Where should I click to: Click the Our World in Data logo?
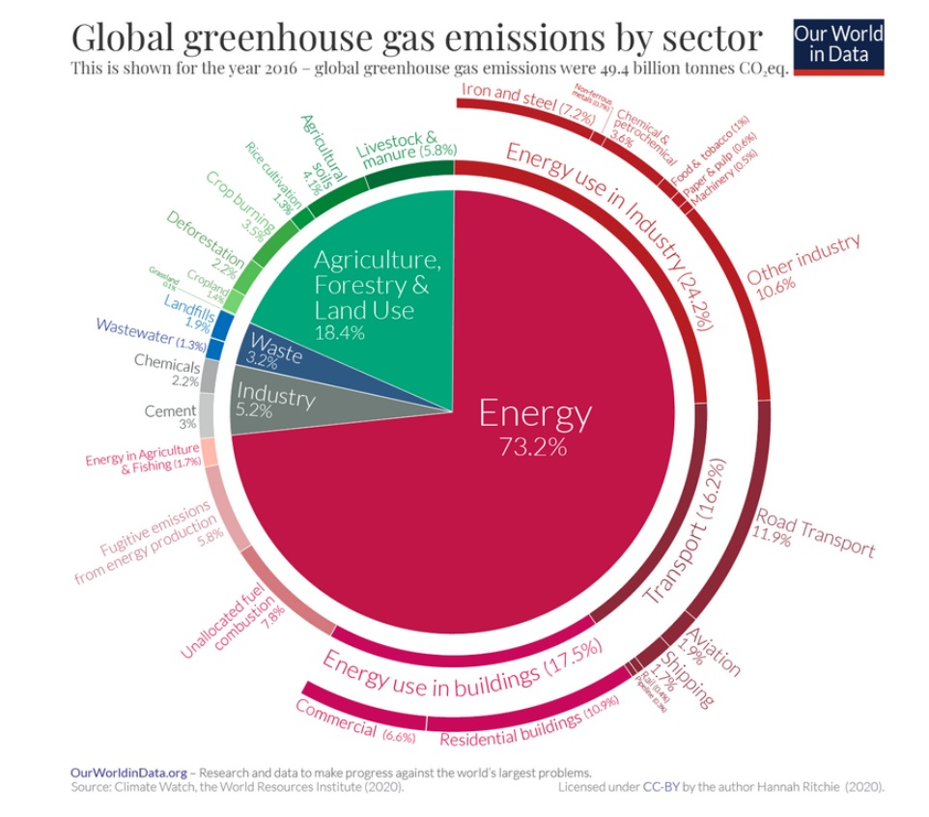click(837, 44)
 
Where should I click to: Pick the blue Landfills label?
click(192, 309)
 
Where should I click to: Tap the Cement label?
click(171, 411)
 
